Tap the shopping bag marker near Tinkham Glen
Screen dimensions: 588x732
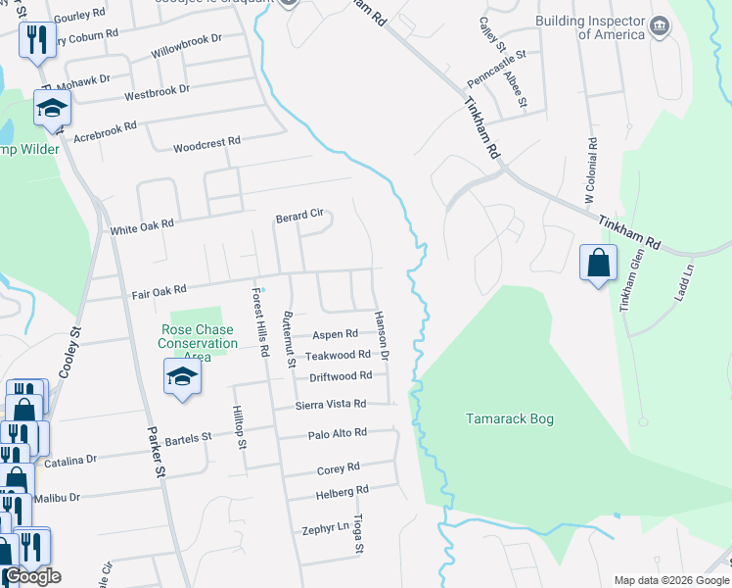[598, 264]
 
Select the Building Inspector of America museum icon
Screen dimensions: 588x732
[660, 24]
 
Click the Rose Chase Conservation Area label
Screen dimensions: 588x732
[198, 343]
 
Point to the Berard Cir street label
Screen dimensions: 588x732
[298, 215]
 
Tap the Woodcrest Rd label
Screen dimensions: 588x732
[206, 144]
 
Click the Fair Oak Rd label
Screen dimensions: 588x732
[159, 291]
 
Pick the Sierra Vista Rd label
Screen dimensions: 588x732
[331, 404]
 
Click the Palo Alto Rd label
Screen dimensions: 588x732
[337, 432]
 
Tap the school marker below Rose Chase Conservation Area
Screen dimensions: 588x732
[182, 377]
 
